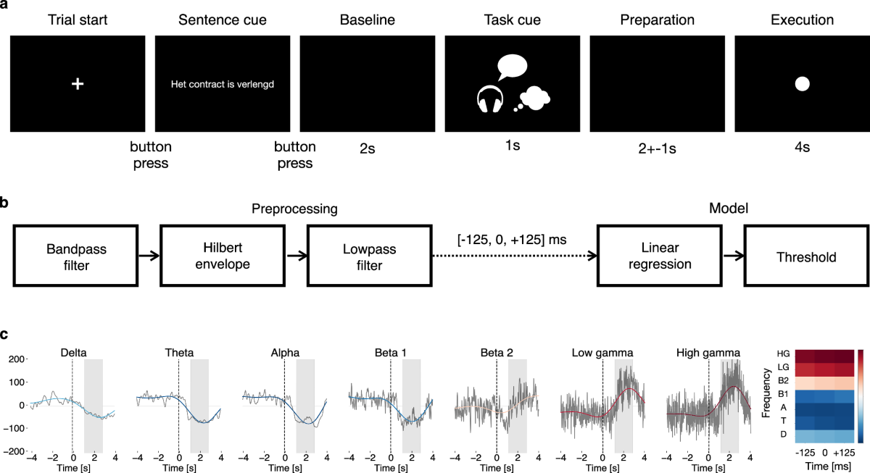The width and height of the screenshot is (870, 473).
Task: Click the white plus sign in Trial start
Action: click(x=78, y=84)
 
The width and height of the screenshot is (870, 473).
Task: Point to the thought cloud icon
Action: click(x=535, y=97)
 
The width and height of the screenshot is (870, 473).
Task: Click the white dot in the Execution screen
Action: click(x=802, y=84)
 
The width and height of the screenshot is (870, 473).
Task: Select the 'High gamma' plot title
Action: click(x=708, y=353)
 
